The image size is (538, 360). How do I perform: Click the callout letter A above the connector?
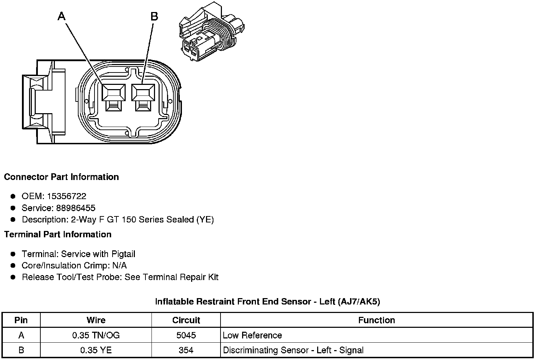[x=62, y=16]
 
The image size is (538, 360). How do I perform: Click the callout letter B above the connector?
[x=154, y=16]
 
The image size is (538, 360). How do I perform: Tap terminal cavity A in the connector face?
[x=113, y=93]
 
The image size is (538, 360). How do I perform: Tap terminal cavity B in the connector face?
[x=143, y=93]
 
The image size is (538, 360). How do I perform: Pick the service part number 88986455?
[x=75, y=208]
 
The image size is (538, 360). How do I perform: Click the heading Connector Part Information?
[x=61, y=177]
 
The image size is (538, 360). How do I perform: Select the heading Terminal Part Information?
[x=58, y=234]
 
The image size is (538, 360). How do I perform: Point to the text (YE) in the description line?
[x=205, y=220]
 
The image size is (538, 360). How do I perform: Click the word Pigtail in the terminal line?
[x=123, y=254]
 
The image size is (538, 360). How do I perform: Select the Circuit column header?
[x=186, y=320]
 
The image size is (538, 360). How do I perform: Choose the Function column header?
[x=377, y=320]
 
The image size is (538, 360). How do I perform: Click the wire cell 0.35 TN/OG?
[x=96, y=335]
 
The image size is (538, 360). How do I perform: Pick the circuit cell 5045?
[x=186, y=335]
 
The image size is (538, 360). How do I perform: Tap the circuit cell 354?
[x=186, y=350]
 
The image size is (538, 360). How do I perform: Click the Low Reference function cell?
[x=252, y=335]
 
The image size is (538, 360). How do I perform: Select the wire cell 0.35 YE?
[x=96, y=350]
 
